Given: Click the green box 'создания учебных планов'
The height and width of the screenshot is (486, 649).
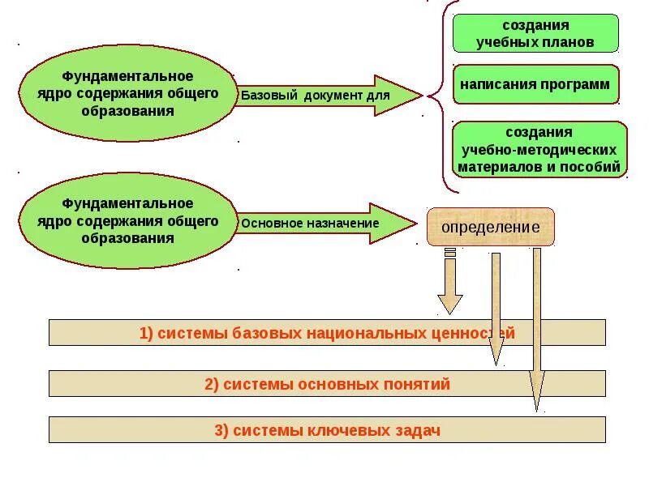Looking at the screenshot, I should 535,33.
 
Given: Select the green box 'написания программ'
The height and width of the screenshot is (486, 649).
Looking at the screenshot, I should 535,84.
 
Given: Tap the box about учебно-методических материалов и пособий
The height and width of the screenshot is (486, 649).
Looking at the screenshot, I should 539,150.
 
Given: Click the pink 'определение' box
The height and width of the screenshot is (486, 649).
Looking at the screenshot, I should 491,227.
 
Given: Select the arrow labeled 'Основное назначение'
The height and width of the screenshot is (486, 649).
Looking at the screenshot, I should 324,223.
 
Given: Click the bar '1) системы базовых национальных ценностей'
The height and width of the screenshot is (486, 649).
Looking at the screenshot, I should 327,333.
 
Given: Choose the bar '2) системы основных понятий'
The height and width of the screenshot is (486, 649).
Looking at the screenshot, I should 327,384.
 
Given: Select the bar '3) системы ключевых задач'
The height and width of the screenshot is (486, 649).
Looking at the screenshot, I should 327,430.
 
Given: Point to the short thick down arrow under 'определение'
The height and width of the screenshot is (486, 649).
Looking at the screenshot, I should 450,283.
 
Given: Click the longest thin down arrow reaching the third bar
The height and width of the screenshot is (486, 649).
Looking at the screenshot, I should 536,332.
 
